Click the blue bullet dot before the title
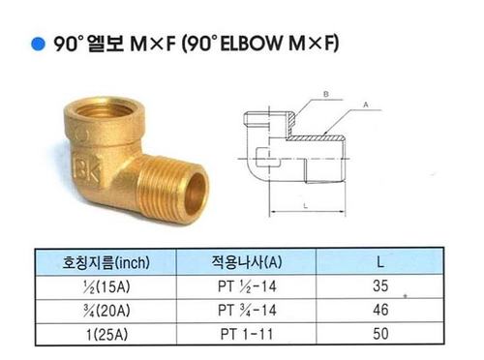(x=38, y=45)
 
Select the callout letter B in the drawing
(x=326, y=94)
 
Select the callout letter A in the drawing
(x=366, y=105)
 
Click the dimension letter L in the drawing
(x=306, y=206)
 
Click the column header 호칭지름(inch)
(x=106, y=262)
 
